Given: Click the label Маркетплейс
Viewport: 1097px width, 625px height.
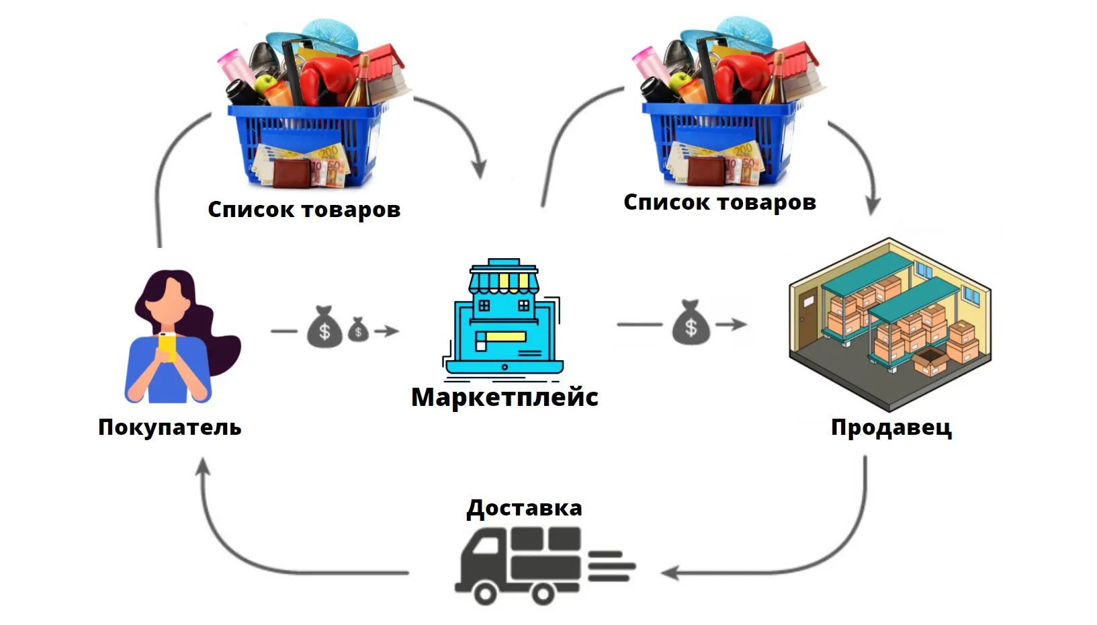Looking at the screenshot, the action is point(504,397).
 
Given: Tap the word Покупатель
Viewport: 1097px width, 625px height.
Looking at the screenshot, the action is point(170,427).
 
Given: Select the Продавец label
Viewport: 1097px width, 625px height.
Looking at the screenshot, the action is point(891,427).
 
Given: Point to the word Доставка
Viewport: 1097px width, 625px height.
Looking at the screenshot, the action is point(524,508).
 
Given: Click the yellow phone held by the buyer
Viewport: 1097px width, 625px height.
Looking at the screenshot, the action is point(167,346).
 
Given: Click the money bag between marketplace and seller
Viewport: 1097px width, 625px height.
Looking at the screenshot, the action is point(691,323).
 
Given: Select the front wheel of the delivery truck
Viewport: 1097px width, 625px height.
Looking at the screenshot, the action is point(485,594).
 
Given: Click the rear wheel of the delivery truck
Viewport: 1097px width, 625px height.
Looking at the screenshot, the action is point(543,594).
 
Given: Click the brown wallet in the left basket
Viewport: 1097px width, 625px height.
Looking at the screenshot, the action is point(292,173).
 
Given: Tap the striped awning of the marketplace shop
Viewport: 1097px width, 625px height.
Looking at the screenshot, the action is point(504,282).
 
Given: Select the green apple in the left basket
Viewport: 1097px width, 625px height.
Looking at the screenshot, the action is point(265,83).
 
